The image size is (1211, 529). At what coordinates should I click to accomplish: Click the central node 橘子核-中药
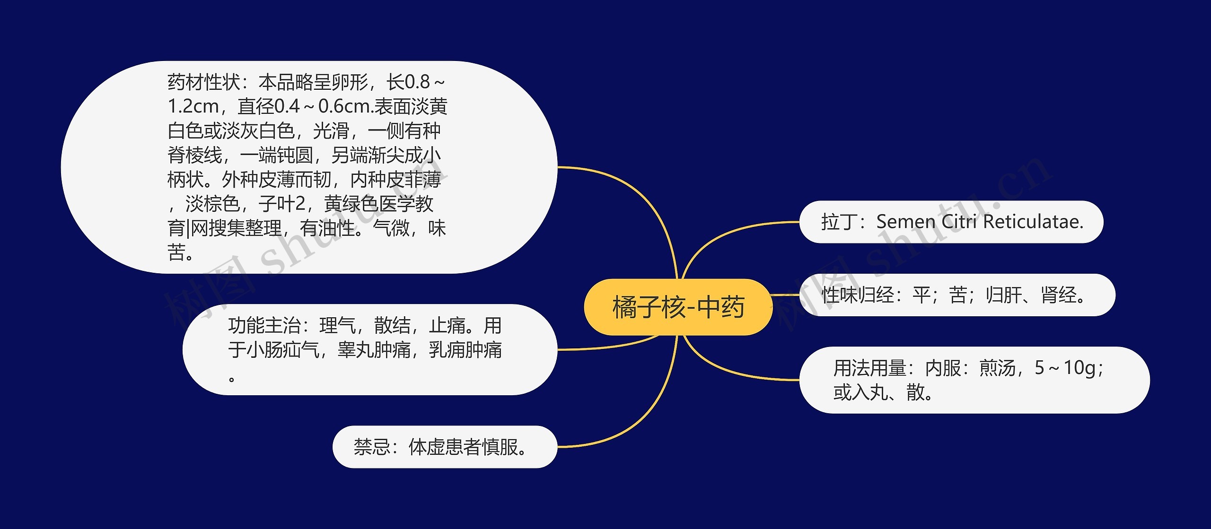point(678,307)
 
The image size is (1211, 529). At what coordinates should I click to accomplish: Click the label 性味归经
point(858,295)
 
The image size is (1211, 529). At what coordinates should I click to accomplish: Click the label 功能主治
point(264,326)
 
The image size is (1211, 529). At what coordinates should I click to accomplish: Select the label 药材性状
point(203,82)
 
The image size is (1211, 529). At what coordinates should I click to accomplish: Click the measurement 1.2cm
point(193,107)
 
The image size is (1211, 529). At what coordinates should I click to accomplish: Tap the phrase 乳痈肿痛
point(465,350)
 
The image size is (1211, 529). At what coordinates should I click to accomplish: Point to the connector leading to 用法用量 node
point(728,372)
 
